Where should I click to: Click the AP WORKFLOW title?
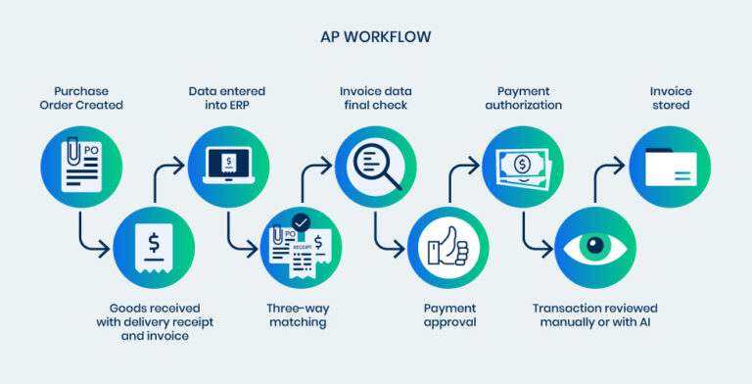click(x=376, y=37)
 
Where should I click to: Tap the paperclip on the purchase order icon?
click(x=70, y=150)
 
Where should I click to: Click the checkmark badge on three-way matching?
click(x=301, y=223)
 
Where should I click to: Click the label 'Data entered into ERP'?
click(x=228, y=98)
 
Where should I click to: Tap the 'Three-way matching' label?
click(x=302, y=314)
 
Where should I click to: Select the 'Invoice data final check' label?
click(x=376, y=98)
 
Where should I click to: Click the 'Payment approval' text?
click(x=449, y=314)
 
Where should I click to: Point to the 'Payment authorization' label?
click(x=523, y=98)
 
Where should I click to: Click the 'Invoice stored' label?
click(x=671, y=98)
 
